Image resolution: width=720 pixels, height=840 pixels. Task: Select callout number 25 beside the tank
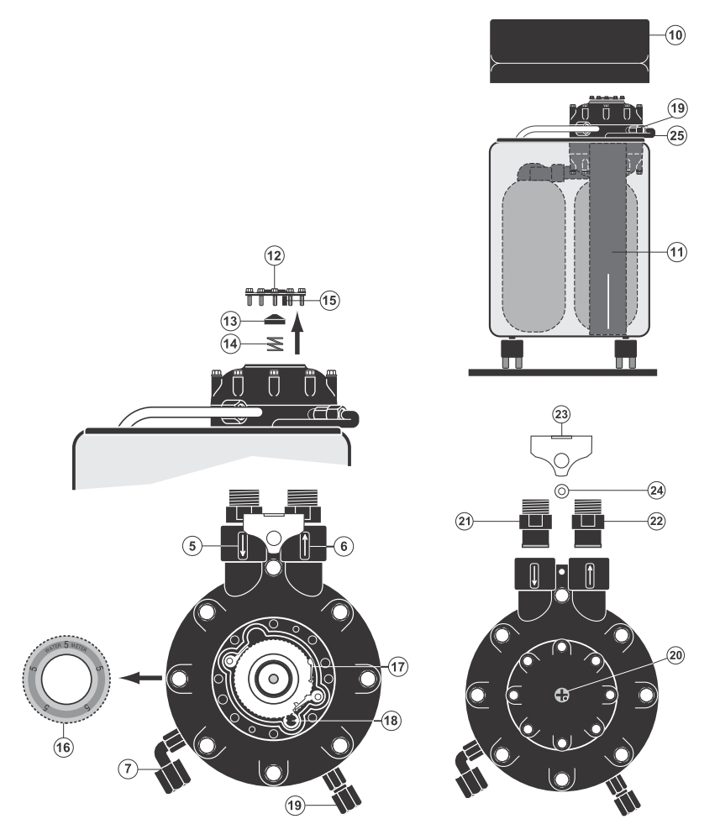(675, 134)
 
